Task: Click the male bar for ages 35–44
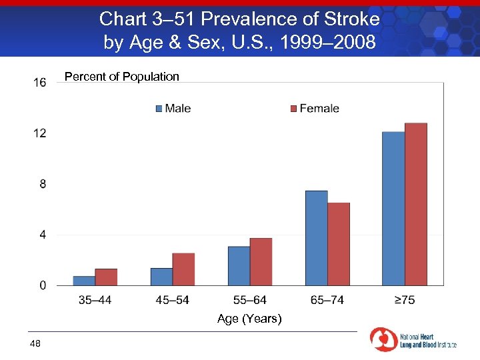[x=84, y=281]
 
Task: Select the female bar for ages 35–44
[x=106, y=277]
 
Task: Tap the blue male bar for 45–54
[x=161, y=277]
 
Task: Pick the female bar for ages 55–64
[x=261, y=262]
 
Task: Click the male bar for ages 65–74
[x=316, y=238]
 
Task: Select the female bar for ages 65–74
[x=339, y=244]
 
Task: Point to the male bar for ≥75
[x=393, y=209]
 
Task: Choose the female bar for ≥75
[x=416, y=204]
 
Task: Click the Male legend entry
[x=173, y=109]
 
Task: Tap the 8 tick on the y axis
[x=43, y=184]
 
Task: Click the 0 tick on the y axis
[x=43, y=285]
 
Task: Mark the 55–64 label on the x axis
[x=249, y=300]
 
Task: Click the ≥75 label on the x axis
[x=404, y=300]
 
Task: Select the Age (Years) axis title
[x=249, y=319]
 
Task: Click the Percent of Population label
[x=122, y=77]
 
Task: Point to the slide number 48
[x=35, y=343]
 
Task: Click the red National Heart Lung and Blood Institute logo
[x=383, y=339]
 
